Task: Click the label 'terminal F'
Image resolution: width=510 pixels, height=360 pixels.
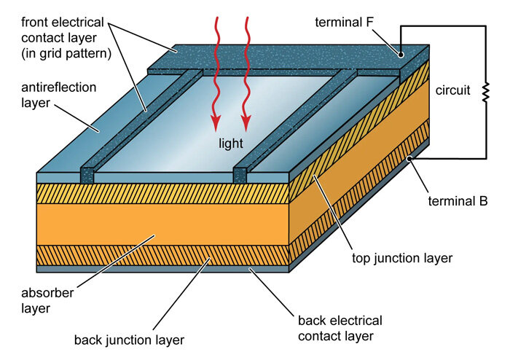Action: [345, 23]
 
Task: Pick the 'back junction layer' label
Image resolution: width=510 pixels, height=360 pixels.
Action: [129, 339]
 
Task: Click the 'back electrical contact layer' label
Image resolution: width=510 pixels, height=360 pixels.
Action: [340, 328]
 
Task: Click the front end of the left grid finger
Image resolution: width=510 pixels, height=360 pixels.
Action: [87, 176]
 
